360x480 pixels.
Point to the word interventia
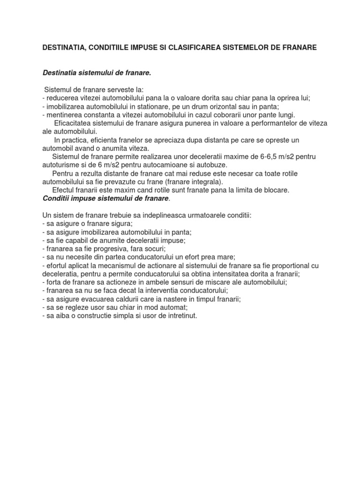tap(165, 291)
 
